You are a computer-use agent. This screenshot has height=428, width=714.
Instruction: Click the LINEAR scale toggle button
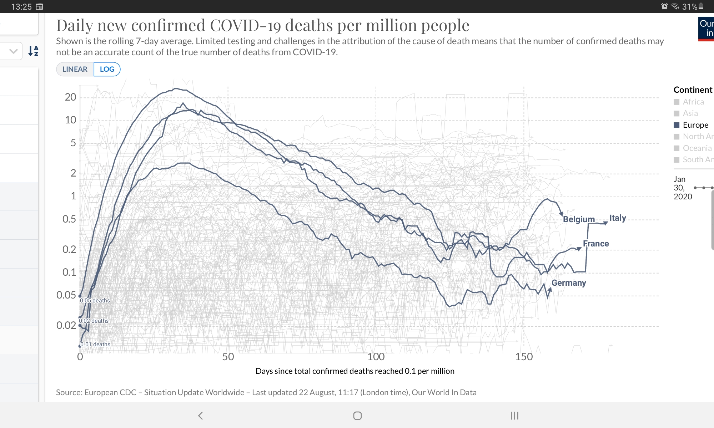click(x=75, y=69)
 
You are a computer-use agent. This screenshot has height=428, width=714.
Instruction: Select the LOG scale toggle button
click(x=107, y=69)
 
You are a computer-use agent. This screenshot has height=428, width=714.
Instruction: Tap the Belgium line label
click(x=579, y=219)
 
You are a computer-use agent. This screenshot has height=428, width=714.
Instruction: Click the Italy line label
click(x=618, y=218)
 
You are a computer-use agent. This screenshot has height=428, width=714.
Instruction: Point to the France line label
click(x=596, y=244)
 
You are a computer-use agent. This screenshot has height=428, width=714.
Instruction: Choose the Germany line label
click(x=569, y=283)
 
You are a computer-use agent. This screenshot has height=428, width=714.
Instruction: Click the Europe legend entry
click(x=695, y=125)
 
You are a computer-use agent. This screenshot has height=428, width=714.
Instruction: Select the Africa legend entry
click(x=693, y=102)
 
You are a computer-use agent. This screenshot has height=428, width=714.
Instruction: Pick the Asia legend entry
click(x=690, y=113)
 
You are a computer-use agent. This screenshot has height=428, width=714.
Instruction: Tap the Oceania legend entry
click(x=697, y=148)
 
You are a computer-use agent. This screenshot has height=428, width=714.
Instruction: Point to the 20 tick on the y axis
click(x=70, y=97)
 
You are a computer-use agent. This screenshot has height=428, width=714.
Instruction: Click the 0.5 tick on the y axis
click(x=69, y=219)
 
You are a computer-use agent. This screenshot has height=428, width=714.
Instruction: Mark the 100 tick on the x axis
click(x=376, y=357)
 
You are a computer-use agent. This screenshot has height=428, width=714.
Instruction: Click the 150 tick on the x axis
click(x=524, y=357)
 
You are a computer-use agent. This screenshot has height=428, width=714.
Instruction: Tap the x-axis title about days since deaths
click(x=355, y=371)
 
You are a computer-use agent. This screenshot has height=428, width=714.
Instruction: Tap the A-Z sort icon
click(x=33, y=51)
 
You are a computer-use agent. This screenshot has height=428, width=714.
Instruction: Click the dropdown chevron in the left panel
click(x=14, y=51)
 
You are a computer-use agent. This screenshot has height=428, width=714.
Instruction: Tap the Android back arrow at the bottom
click(x=200, y=416)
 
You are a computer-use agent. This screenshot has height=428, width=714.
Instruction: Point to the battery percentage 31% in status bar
click(x=689, y=7)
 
